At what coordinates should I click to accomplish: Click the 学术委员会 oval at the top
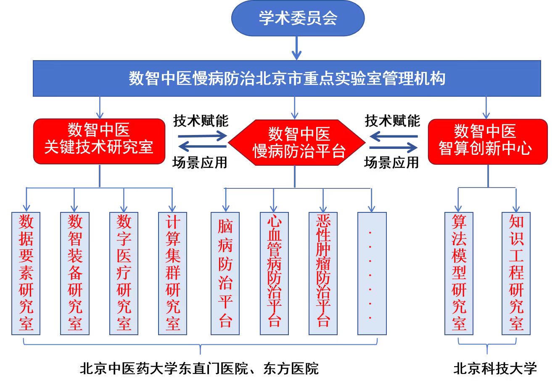pyautogui.click(x=298, y=19)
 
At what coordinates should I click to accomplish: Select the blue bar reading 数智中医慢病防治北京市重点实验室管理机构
pyautogui.click(x=287, y=79)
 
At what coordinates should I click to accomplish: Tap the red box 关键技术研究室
pyautogui.click(x=99, y=141)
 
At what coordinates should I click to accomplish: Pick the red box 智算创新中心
pyautogui.click(x=487, y=141)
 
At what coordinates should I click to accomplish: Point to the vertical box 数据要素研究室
pyautogui.click(x=26, y=273)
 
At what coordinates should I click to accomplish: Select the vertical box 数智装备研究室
pyautogui.click(x=75, y=273)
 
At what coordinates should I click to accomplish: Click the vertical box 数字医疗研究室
pyautogui.click(x=124, y=273)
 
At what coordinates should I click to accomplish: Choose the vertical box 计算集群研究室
pyautogui.click(x=172, y=273)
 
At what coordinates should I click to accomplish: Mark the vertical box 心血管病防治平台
pyautogui.click(x=274, y=273)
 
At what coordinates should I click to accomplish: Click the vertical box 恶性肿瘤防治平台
pyautogui.click(x=323, y=273)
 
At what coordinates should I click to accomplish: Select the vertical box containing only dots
pyautogui.click(x=372, y=273)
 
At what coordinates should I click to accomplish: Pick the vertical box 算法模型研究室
pyautogui.click(x=459, y=273)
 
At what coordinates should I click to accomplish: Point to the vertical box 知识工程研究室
pyautogui.click(x=516, y=273)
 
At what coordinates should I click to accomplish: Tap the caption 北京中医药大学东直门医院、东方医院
pyautogui.click(x=199, y=369)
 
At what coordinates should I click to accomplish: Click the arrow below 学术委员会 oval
pyautogui.click(x=297, y=48)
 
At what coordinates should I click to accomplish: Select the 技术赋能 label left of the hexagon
pyautogui.click(x=201, y=121)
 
